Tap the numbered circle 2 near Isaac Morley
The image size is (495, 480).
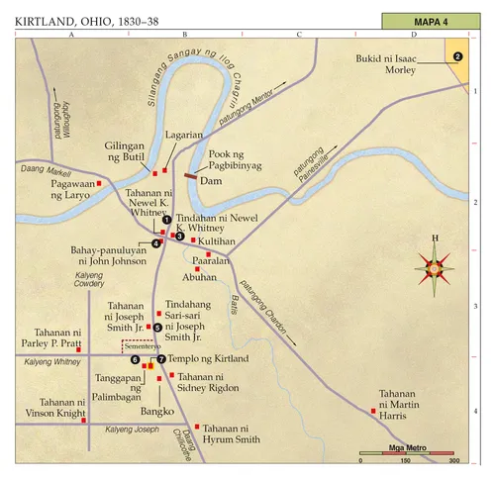pos(457,56)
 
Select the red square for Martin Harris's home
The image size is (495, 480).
pos(374,410)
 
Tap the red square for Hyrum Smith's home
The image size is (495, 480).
pos(196,426)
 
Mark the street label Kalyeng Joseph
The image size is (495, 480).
pos(132,430)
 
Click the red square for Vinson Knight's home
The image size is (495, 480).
pos(85,420)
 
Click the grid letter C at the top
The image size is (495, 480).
pos(298,35)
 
